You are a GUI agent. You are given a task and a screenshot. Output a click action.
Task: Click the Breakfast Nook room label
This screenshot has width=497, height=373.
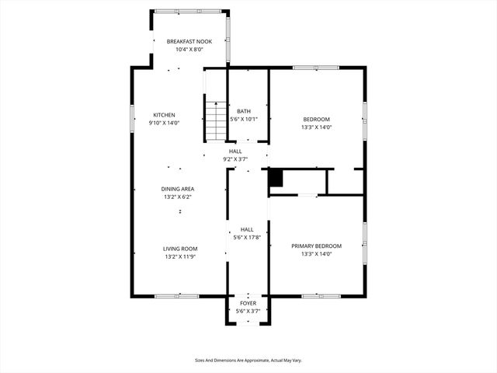tap(189, 41)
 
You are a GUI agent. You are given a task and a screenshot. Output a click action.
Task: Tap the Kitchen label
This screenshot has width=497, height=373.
tap(164, 115)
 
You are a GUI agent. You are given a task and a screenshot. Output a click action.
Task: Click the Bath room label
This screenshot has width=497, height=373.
tap(243, 111)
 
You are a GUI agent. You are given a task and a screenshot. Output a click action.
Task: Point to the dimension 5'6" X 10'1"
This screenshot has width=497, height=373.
tap(243, 120)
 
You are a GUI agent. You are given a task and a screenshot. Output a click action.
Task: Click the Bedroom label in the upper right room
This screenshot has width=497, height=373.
tap(316, 119)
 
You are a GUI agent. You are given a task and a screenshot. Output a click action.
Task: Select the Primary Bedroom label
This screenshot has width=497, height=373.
tap(316, 246)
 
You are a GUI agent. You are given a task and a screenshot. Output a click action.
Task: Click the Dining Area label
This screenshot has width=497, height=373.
tap(178, 189)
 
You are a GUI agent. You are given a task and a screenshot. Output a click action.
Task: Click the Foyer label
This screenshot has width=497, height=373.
tap(248, 303)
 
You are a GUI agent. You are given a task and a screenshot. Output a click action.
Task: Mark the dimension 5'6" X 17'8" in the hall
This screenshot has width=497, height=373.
tap(247, 238)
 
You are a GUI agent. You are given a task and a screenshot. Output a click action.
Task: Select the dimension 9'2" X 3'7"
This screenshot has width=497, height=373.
tap(235, 159)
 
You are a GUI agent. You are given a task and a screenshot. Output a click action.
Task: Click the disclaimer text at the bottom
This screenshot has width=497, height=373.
tap(248, 361)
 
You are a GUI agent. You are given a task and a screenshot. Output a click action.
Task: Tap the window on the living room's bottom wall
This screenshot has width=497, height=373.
tap(178, 295)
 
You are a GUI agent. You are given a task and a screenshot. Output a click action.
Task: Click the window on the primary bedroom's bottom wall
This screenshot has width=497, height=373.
tap(316, 295)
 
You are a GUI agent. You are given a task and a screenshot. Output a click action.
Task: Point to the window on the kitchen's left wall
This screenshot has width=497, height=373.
tap(131, 117)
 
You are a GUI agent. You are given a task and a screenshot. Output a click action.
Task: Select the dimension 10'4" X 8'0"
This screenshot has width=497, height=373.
tap(189, 50)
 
